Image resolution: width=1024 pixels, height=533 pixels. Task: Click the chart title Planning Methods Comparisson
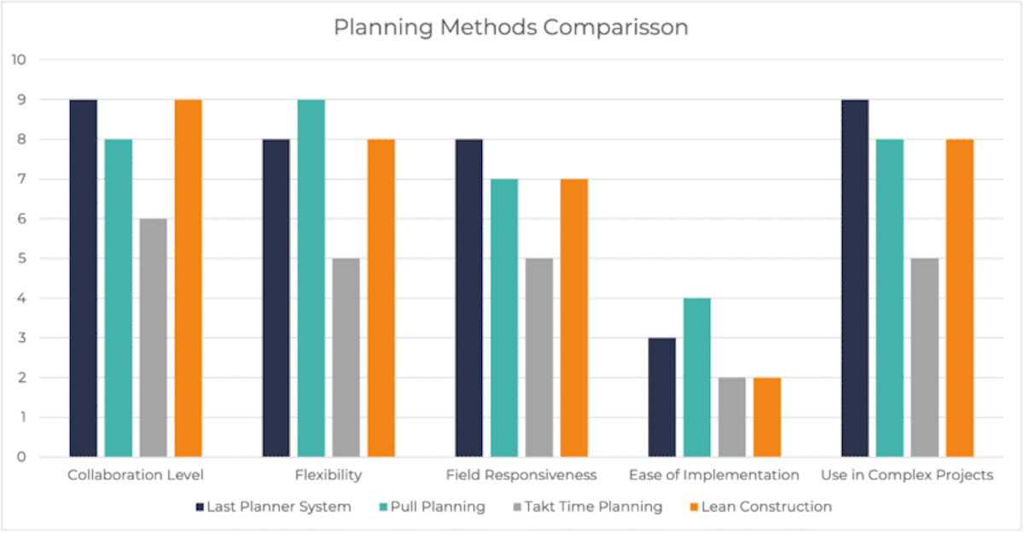click(510, 27)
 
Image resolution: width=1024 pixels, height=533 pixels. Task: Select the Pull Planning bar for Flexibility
click(311, 278)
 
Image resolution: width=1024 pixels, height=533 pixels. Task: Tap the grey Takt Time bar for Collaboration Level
click(154, 338)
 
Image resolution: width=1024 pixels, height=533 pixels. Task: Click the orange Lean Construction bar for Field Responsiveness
click(574, 318)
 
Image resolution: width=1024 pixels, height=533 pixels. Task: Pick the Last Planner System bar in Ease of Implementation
click(662, 397)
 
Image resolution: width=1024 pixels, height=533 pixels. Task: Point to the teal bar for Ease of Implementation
click(697, 378)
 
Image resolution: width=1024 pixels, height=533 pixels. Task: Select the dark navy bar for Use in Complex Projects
click(855, 278)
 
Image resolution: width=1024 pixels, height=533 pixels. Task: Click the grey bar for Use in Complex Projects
click(925, 357)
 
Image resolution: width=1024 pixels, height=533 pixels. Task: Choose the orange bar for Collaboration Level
click(189, 278)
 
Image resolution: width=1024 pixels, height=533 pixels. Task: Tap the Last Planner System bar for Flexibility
click(276, 298)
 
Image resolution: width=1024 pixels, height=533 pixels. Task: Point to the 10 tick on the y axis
click(19, 61)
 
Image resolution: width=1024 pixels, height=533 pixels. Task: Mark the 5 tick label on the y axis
click(19, 258)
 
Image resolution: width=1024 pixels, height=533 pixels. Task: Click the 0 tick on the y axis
click(19, 457)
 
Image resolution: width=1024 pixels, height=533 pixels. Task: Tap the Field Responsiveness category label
click(521, 475)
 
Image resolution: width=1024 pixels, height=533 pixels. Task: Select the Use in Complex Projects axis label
click(906, 475)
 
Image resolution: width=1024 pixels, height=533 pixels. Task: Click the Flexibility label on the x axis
click(329, 475)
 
